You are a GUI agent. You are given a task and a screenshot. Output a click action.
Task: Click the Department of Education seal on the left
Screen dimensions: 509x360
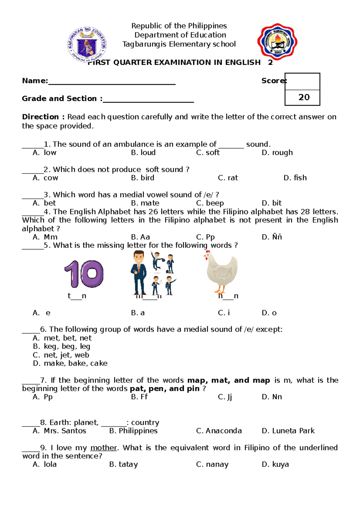(87, 44)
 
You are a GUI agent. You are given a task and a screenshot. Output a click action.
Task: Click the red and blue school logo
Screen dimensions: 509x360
(277, 42)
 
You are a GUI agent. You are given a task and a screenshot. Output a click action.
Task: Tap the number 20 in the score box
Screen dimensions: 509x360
(304, 97)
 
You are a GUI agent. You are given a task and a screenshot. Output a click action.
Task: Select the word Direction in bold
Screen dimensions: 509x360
(40, 117)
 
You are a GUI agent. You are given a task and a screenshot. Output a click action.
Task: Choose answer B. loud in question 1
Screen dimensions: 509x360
(143, 153)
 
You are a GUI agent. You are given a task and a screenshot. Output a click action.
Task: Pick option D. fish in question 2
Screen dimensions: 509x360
(295, 178)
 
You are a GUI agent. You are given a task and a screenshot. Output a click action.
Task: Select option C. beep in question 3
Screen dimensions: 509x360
(210, 203)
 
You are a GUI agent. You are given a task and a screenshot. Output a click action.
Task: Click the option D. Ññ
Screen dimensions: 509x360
(272, 237)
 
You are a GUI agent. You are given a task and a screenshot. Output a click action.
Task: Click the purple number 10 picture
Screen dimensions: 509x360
(84, 274)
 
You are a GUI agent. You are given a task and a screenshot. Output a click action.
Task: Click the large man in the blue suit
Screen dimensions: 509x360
(139, 273)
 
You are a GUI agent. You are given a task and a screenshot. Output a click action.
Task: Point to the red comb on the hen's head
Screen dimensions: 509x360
(208, 252)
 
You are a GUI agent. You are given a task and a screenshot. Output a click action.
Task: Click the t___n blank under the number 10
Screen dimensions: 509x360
(77, 296)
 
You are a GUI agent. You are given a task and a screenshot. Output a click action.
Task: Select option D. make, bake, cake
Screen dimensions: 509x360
(70, 363)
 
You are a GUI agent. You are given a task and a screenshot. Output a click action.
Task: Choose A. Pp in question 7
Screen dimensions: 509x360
(43, 397)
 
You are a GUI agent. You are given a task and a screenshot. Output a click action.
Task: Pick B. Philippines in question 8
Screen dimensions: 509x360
(133, 431)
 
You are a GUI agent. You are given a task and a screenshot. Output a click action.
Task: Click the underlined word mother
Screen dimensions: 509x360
(103, 448)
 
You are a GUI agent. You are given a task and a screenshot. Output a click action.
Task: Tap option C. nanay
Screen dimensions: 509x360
(212, 464)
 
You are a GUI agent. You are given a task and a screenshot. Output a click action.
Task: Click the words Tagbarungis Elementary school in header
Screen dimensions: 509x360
(179, 44)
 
